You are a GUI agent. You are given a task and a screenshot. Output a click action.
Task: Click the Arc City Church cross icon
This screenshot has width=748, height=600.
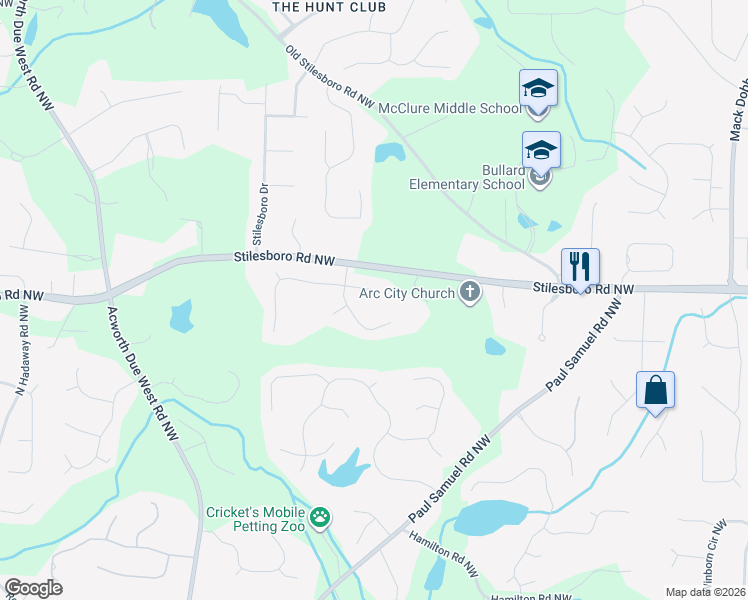pos(470,293)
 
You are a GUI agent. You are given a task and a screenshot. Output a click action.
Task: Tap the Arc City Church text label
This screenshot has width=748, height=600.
pos(408,294)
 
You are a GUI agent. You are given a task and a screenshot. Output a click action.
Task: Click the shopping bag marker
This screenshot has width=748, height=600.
pos(655,390)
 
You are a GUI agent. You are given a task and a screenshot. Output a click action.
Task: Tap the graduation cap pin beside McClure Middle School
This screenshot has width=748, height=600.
pos(538,88)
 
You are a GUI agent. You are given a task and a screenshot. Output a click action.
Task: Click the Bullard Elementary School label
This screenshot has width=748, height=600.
pos(467,178)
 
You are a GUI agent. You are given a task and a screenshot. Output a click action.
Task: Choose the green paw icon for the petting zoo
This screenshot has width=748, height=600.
pos(320,517)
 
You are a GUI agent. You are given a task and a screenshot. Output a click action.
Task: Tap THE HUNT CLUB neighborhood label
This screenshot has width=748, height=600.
pos(314,6)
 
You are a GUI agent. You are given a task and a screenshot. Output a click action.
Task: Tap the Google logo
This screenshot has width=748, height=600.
pos(33,588)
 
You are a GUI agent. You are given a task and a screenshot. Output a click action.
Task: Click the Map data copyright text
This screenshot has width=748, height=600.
pos(704,592)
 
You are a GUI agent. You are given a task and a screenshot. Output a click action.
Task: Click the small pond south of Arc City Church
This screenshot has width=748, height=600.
pos(494,346)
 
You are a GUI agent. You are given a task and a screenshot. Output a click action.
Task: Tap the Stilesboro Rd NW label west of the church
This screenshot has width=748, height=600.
pos(284,257)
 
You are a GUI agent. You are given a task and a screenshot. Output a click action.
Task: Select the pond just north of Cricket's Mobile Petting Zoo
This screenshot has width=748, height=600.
pos(342,468)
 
